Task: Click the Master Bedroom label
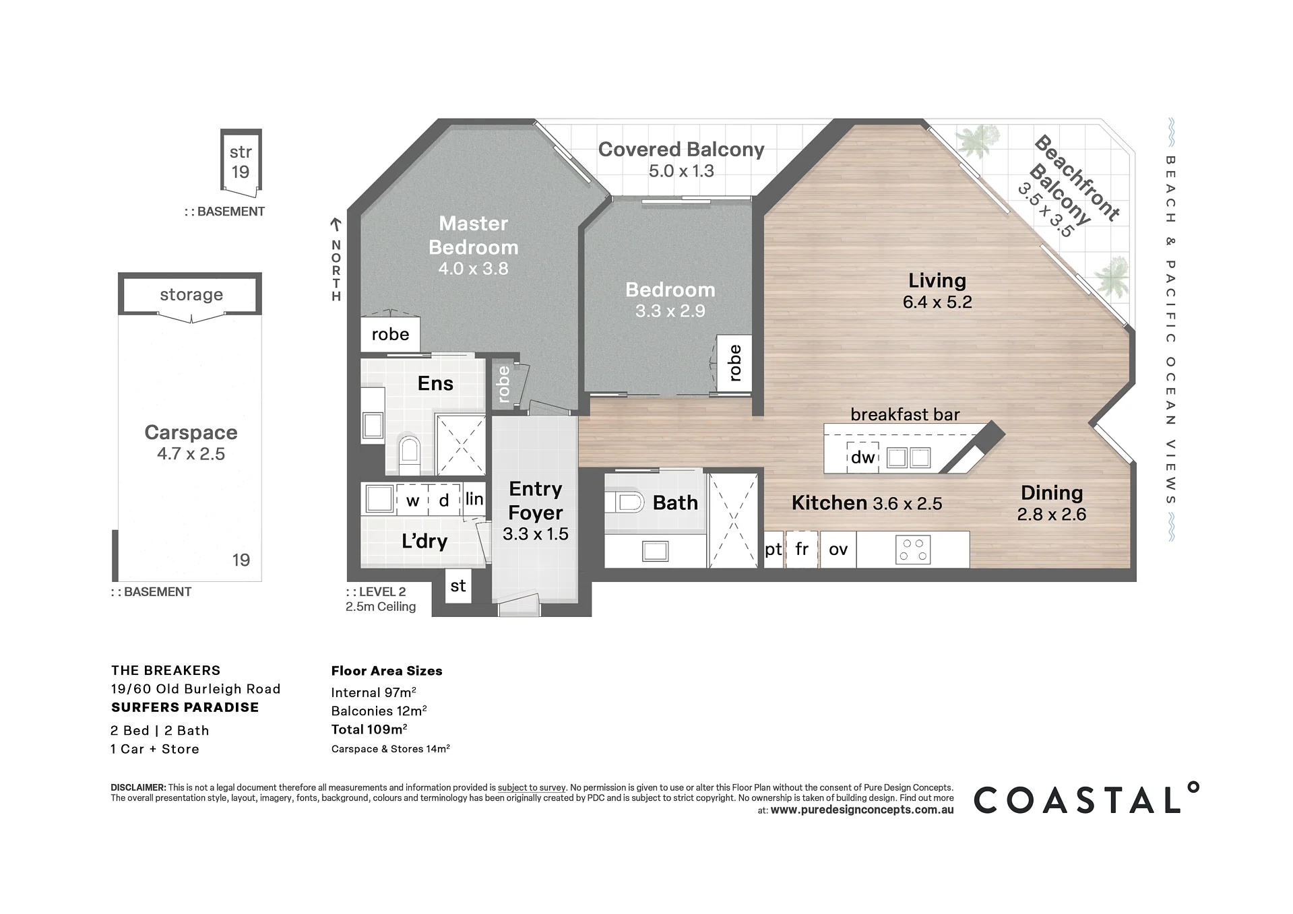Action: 474,235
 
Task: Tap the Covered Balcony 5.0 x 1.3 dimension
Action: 681,171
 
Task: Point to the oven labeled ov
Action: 838,550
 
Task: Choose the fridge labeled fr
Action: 802,550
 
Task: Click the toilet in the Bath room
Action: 625,502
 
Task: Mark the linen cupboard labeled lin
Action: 474,499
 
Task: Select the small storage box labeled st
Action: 458,585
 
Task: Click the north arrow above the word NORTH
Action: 336,225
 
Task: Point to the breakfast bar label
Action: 905,414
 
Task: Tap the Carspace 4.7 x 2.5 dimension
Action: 191,454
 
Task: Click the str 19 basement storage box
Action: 241,160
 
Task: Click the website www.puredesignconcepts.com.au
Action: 862,810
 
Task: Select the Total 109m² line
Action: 369,729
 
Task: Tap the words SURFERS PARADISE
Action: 185,707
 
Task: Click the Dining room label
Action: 1052,492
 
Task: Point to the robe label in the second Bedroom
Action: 734,362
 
